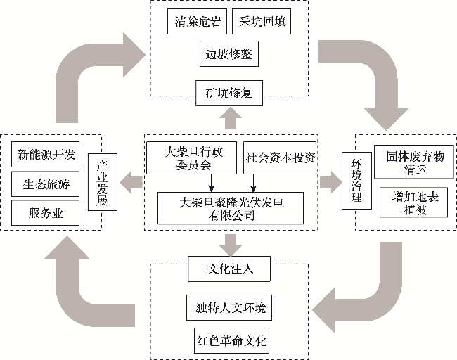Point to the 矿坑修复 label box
point(229,92)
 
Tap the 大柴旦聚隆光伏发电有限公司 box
point(231,208)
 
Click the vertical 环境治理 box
point(356,181)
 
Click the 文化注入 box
point(230,268)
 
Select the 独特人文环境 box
point(230,308)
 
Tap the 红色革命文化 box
point(230,342)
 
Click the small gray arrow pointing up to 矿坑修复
point(229,118)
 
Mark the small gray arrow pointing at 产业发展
point(130,184)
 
